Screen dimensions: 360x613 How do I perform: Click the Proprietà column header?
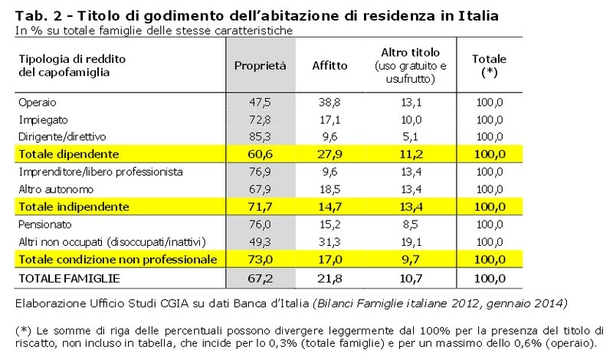click(x=260, y=66)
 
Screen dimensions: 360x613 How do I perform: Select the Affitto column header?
click(x=330, y=66)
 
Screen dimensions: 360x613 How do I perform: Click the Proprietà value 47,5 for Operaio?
click(x=261, y=103)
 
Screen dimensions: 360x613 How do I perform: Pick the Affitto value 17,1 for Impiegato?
click(x=330, y=120)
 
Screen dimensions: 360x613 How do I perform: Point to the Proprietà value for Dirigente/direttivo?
click(x=261, y=137)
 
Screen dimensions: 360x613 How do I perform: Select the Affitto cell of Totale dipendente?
click(x=330, y=155)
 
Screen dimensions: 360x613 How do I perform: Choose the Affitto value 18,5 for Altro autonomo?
click(x=330, y=189)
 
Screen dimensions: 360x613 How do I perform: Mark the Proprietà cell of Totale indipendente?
click(x=261, y=207)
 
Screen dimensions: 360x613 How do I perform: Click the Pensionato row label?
click(x=46, y=224)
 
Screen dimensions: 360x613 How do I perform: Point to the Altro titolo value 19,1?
click(x=411, y=242)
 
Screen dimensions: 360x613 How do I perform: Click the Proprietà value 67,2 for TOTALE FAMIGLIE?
click(x=261, y=277)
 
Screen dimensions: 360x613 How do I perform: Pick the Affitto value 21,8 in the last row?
click(x=330, y=277)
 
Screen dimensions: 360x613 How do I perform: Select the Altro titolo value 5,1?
click(x=411, y=137)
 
